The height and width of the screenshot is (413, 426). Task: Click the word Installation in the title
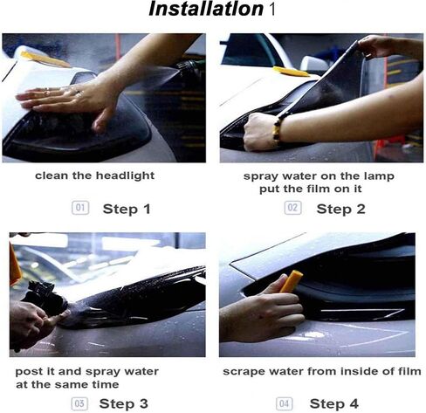[206, 9]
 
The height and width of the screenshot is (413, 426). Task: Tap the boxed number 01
[80, 208]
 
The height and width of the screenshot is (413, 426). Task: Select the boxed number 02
[292, 208]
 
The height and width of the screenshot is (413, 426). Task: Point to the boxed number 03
[79, 403]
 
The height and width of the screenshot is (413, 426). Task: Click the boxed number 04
[285, 403]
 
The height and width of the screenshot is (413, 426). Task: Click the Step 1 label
[127, 209]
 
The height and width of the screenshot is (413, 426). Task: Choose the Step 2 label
[340, 209]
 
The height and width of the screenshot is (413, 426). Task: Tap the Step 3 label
[123, 403]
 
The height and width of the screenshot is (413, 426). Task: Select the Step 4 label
[333, 403]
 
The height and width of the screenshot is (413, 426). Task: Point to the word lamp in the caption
[379, 176]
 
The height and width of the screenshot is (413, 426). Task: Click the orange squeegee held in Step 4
[292, 281]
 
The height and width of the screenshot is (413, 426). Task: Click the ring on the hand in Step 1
[78, 93]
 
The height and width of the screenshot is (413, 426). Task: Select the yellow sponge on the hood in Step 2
[291, 72]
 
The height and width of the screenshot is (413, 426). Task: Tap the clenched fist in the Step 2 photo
[260, 132]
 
